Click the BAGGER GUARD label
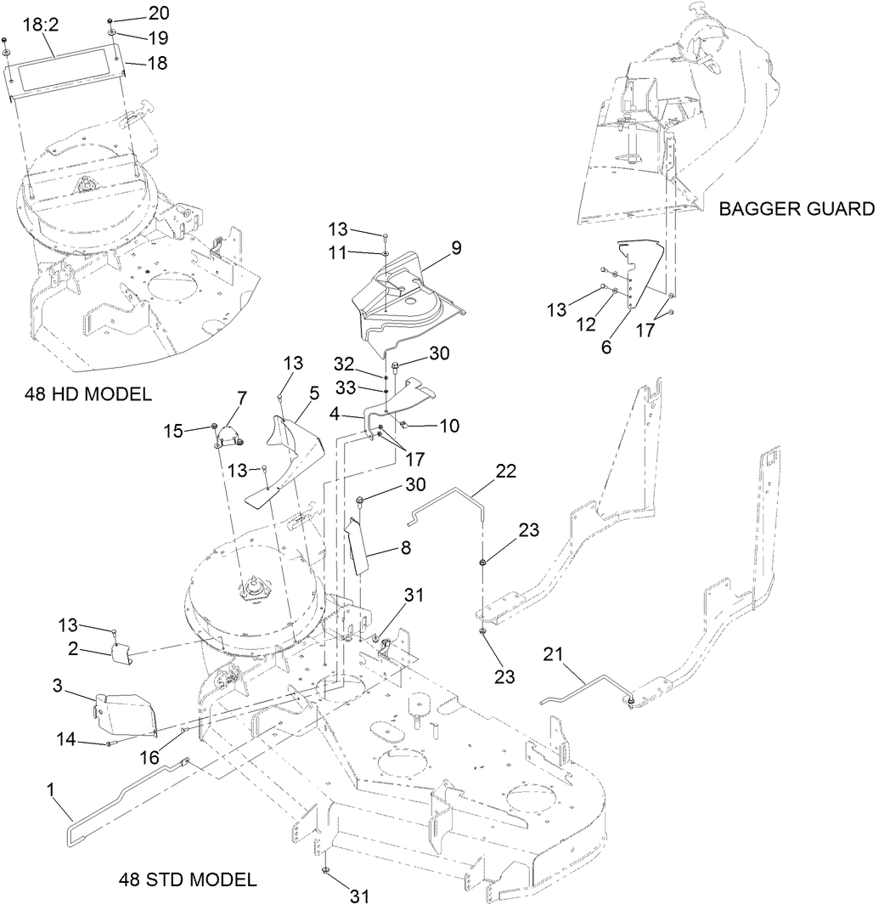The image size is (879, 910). (x=796, y=208)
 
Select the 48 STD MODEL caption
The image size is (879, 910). (x=187, y=879)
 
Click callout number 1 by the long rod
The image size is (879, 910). (x=52, y=789)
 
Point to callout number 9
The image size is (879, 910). (x=456, y=248)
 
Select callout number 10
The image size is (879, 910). (x=448, y=425)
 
